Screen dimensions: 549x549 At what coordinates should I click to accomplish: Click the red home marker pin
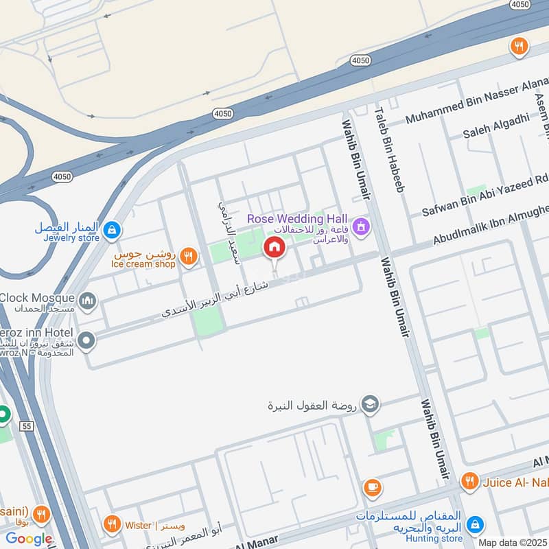[274, 248]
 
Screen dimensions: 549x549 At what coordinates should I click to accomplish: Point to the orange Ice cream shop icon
[189, 257]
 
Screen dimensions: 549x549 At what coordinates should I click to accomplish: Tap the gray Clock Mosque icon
[87, 300]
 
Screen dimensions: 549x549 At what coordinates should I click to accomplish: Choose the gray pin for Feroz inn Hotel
[86, 340]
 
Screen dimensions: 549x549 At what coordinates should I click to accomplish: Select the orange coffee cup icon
[373, 488]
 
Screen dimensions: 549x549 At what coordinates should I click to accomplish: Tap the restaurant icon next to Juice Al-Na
[469, 482]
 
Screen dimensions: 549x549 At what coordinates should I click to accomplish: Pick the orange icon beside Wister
[112, 525]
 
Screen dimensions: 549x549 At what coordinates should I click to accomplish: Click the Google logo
[29, 539]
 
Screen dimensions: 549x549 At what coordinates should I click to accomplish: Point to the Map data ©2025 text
[511, 542]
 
